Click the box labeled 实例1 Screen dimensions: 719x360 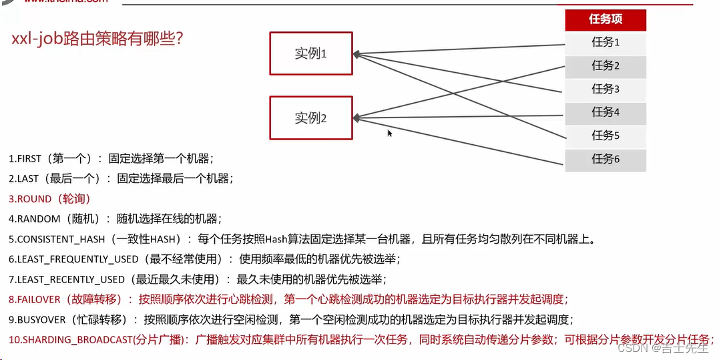pos(310,53)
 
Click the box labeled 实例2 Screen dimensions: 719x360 pos(310,118)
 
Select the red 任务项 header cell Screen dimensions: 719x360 pos(606,19)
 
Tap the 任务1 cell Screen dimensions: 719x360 pos(606,42)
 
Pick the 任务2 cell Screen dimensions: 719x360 pos(606,65)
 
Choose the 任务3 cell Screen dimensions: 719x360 pos(606,89)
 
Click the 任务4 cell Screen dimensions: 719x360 pos(606,112)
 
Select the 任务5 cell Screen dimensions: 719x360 pos(606,136)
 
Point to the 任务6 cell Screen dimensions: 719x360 pos(606,159)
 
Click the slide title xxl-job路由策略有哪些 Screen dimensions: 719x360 pos(97,39)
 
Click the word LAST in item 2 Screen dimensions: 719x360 pos(27,178)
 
